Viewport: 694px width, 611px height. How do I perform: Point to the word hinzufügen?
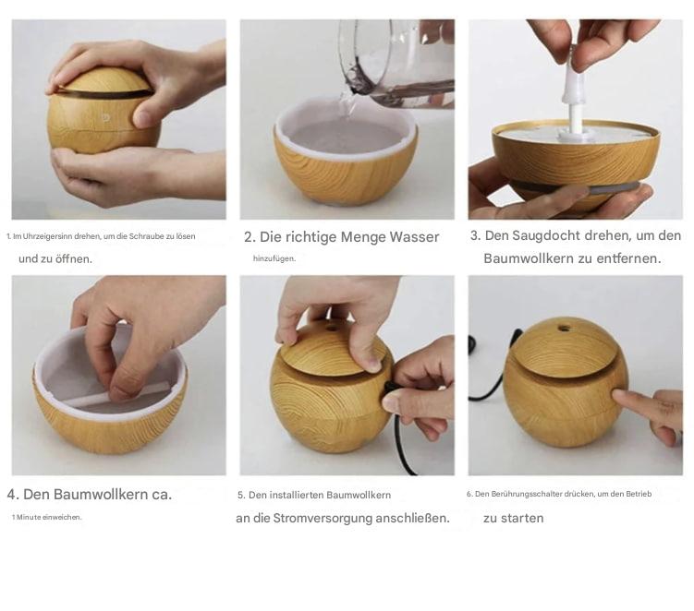274,258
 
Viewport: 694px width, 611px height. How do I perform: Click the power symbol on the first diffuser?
105,117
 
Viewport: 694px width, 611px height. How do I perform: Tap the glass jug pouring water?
397,63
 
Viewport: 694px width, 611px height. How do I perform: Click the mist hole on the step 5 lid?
332,329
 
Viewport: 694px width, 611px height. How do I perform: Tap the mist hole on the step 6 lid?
564,329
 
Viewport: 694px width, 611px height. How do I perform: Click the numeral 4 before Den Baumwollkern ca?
12,495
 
